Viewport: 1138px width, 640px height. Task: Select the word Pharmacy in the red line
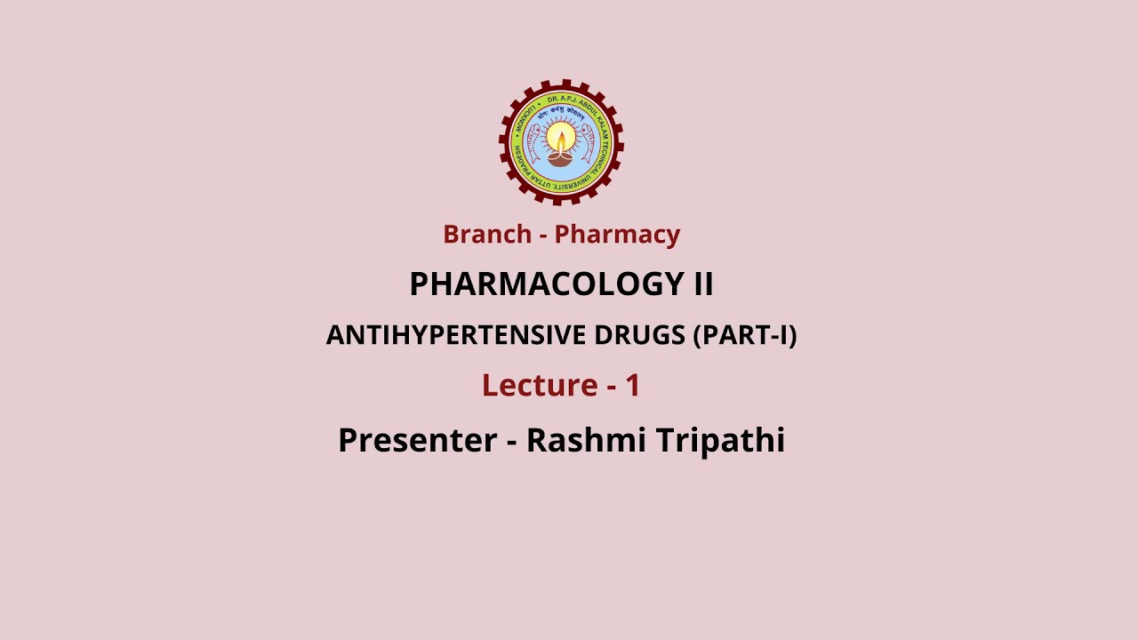[617, 235]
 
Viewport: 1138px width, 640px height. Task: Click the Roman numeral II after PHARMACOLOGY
[702, 284]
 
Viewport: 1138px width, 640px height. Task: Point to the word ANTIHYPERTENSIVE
[456, 335]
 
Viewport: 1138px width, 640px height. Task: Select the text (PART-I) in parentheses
[745, 335]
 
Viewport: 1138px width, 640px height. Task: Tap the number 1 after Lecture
[632, 385]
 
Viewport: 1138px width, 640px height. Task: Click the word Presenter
[417, 440]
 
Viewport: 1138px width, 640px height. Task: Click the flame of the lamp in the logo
[561, 138]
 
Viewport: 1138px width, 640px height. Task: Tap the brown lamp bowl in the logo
[560, 159]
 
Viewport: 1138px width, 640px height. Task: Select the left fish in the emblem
[533, 142]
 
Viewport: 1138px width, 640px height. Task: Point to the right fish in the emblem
[588, 142]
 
